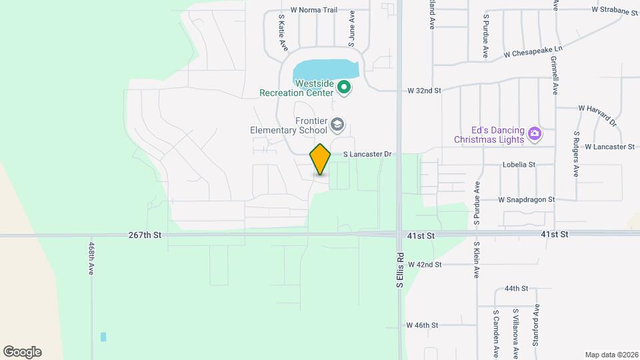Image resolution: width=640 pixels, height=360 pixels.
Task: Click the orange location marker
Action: pyautogui.click(x=320, y=159)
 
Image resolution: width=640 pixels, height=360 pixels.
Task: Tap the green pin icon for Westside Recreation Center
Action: pyautogui.click(x=344, y=87)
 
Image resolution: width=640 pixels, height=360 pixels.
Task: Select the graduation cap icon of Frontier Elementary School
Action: pyautogui.click(x=338, y=124)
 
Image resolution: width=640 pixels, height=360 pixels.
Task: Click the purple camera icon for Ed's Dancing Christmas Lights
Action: pyautogui.click(x=534, y=135)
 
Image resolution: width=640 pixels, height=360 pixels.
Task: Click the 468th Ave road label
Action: pyautogui.click(x=91, y=259)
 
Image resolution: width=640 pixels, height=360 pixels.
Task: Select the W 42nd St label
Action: pyautogui.click(x=424, y=265)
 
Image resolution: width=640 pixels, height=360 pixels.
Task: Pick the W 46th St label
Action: pyautogui.click(x=423, y=325)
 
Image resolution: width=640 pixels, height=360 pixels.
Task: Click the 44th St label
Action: pyautogui.click(x=516, y=289)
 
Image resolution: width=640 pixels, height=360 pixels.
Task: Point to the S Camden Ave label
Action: pyautogui.click(x=496, y=331)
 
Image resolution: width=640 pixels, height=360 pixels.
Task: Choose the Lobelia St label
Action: pyautogui.click(x=519, y=164)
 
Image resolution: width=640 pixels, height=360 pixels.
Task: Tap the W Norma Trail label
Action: pyautogui.click(x=313, y=10)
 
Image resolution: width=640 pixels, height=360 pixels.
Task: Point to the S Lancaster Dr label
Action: pyautogui.click(x=366, y=154)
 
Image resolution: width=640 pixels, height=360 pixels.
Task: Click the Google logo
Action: pyautogui.click(x=22, y=352)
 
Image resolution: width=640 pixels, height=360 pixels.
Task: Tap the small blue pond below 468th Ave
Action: pyautogui.click(x=103, y=337)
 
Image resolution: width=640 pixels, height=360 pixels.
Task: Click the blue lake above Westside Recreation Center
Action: pyautogui.click(x=324, y=69)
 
